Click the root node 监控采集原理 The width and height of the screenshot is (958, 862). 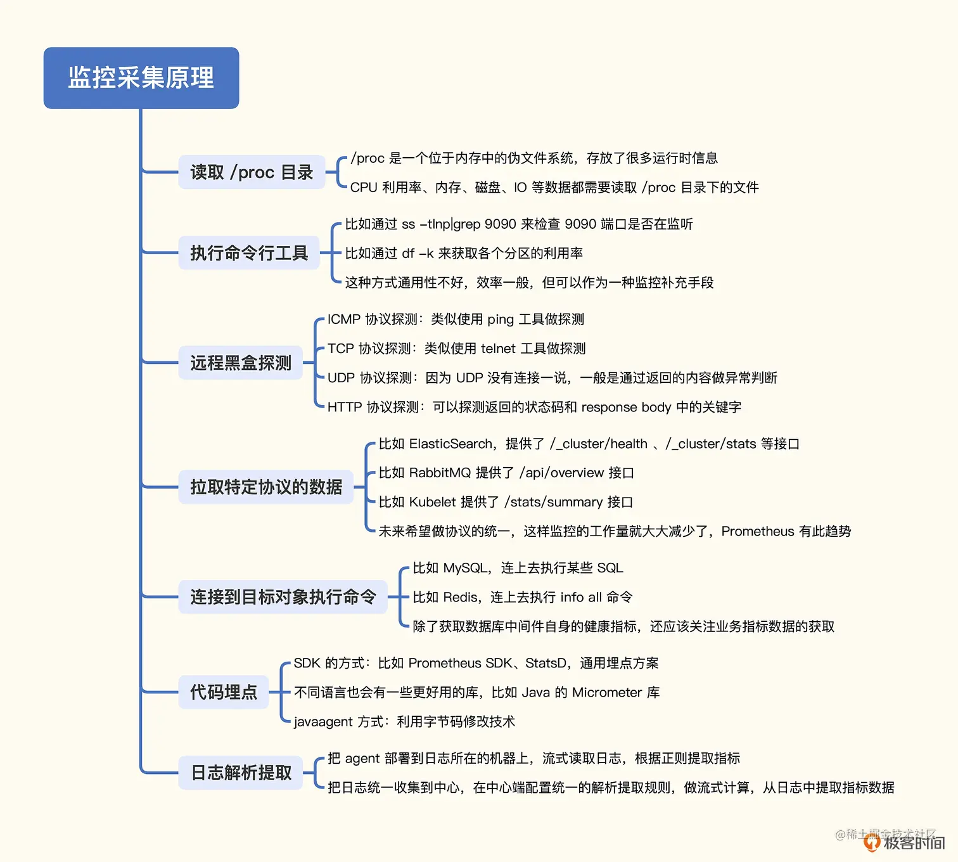141,78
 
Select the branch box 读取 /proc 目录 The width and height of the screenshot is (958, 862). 252,172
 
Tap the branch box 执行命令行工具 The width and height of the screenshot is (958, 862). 249,253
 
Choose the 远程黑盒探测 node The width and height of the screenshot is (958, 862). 241,363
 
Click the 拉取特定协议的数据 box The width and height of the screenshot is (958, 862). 266,487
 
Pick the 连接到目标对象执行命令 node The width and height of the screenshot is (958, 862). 283,596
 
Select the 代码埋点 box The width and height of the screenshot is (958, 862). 224,692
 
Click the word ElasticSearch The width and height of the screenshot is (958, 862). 450,444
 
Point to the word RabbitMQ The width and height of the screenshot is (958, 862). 440,473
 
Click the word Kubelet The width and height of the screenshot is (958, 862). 432,502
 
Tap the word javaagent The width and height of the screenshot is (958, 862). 323,722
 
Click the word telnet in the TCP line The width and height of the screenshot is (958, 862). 498,349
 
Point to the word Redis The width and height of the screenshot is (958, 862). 461,597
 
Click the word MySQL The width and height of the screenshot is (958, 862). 465,568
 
